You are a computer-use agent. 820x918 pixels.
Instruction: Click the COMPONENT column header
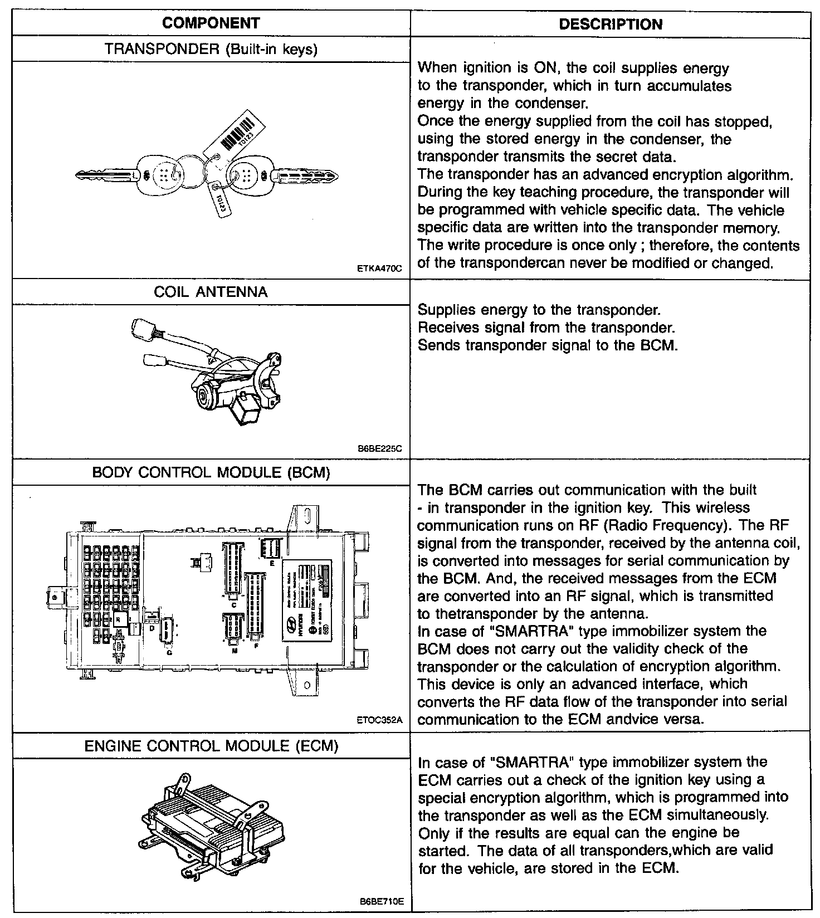(211, 23)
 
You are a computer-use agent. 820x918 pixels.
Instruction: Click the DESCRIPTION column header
(611, 25)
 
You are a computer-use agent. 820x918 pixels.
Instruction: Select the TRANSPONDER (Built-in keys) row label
(211, 49)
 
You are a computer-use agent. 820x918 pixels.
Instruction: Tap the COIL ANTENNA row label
(211, 292)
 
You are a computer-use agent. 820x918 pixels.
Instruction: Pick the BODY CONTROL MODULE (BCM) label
(211, 472)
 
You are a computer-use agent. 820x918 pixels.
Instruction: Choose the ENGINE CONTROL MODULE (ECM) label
(211, 745)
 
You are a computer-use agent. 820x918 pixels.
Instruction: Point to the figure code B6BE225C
(380, 448)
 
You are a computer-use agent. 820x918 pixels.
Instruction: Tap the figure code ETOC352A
(379, 720)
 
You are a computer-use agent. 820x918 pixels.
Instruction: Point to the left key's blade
(103, 176)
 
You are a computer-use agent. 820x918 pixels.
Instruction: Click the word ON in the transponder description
(544, 69)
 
